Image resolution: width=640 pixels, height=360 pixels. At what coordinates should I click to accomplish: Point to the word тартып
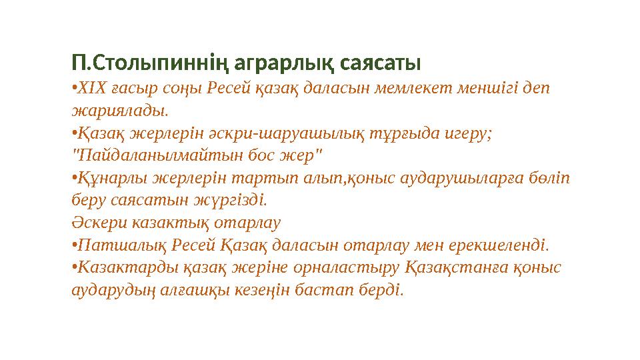259,179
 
